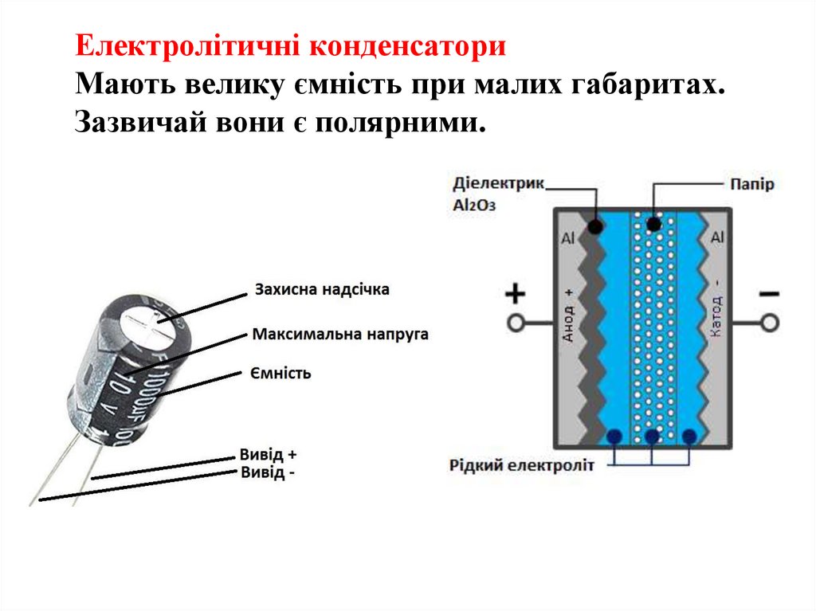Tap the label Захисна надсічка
322,290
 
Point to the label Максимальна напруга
340,334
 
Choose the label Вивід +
268,455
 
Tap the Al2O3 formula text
474,205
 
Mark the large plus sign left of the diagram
516,295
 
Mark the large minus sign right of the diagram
768,294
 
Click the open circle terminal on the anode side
516,323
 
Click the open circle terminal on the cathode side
768,323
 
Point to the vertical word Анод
569,315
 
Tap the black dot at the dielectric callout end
595,226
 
